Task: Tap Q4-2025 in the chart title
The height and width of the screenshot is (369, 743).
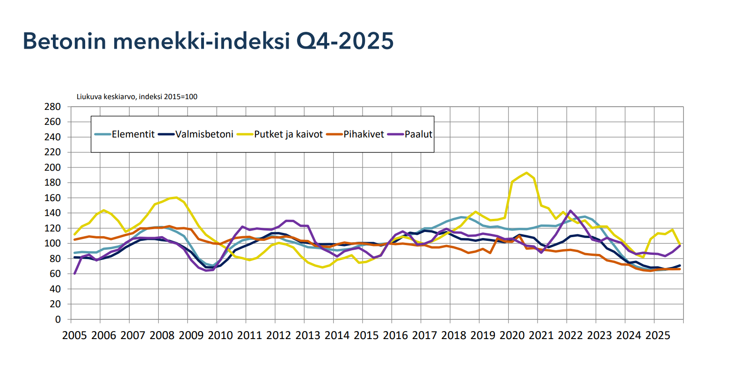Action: (345, 41)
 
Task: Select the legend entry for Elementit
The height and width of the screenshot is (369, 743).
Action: (133, 134)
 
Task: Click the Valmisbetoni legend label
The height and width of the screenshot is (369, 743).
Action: (204, 134)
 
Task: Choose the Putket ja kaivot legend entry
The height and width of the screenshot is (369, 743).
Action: (288, 134)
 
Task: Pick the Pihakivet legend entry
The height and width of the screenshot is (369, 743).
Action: (364, 134)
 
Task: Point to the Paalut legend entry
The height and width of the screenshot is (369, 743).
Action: (418, 134)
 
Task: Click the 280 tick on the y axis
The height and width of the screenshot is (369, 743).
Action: (52, 107)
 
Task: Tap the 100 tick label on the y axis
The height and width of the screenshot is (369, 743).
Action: (52, 243)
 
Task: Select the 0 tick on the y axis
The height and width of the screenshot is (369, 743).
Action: (58, 319)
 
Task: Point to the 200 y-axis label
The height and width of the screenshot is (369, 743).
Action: (52, 167)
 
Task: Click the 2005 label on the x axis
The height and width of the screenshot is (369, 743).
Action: (74, 335)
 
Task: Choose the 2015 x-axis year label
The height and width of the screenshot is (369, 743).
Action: (366, 335)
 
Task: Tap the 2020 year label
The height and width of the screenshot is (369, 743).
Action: (512, 335)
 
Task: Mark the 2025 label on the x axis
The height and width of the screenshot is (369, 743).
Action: (657, 335)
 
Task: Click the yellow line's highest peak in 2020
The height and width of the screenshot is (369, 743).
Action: (526, 173)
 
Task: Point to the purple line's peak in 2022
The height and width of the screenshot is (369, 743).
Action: (570, 211)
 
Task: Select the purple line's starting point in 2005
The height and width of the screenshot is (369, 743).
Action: (75, 274)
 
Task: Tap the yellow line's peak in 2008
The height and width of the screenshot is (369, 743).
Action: (176, 197)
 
